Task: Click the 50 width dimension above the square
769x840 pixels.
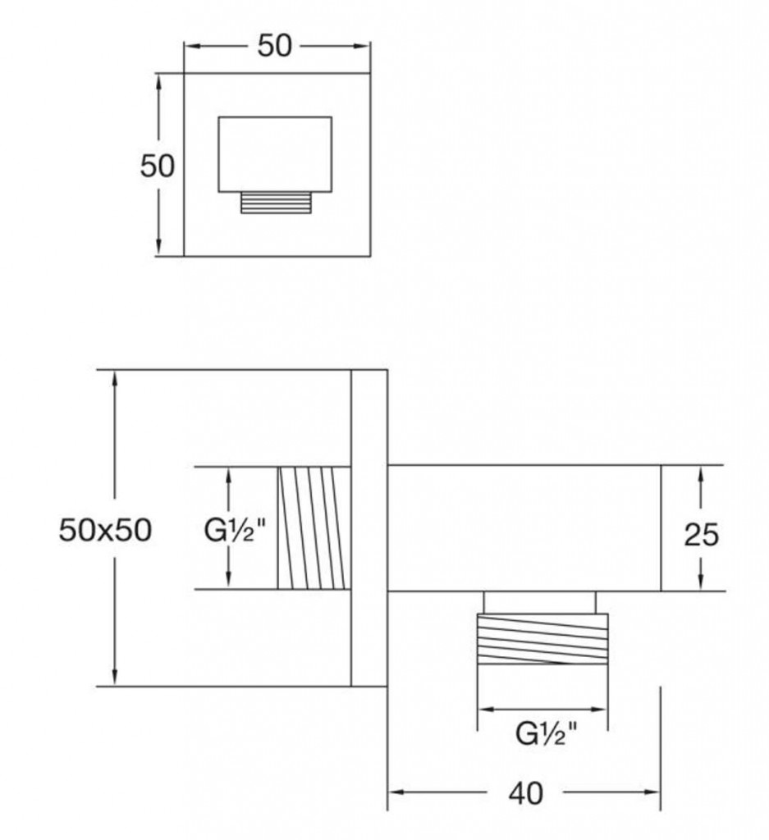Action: [x=274, y=46]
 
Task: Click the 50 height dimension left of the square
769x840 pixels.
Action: [x=157, y=166]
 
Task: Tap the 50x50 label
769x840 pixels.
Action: [x=105, y=530]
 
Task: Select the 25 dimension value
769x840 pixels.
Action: [x=701, y=535]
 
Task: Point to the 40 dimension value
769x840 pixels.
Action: [x=526, y=793]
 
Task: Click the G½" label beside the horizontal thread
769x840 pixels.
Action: [x=235, y=531]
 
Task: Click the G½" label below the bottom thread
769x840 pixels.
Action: [x=547, y=733]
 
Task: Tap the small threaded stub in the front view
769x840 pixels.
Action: [x=276, y=203]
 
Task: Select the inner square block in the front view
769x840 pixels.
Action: [x=275, y=154]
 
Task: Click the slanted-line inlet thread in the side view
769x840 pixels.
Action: [x=314, y=528]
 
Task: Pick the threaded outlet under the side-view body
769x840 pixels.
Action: [x=542, y=639]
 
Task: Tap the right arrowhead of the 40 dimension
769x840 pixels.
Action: [x=652, y=792]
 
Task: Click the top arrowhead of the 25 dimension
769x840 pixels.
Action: [x=701, y=473]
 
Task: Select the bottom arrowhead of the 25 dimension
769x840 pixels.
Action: [x=701, y=583]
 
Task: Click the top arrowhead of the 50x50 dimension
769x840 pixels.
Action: [x=114, y=377]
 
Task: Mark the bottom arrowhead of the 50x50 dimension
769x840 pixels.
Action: [x=114, y=678]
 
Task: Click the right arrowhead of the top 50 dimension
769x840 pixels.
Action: [x=363, y=46]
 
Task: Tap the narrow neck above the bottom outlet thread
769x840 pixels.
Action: [x=539, y=602]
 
